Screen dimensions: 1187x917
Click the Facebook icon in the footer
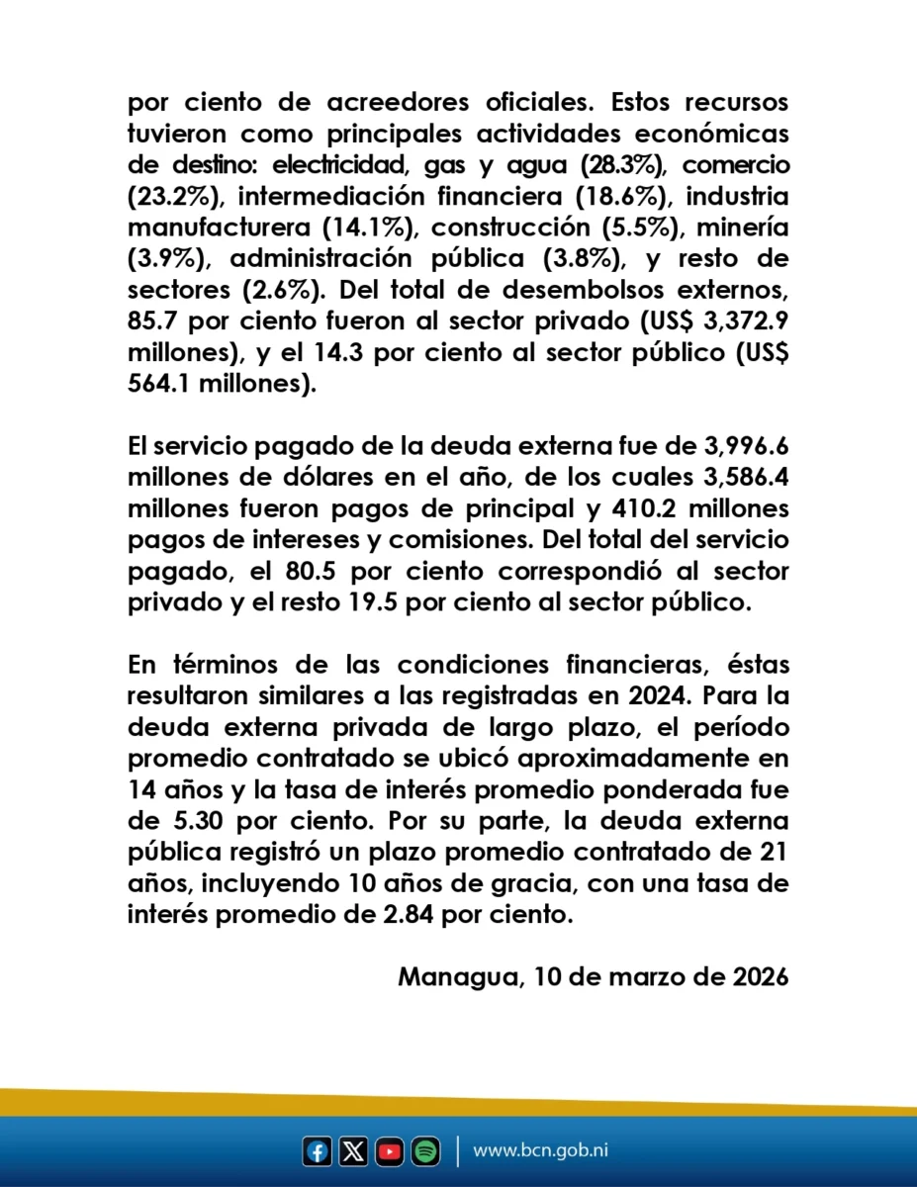coord(318,1151)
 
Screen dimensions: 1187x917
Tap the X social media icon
coord(353,1151)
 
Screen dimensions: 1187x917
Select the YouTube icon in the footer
coord(390,1151)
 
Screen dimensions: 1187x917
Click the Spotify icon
coord(425,1151)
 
